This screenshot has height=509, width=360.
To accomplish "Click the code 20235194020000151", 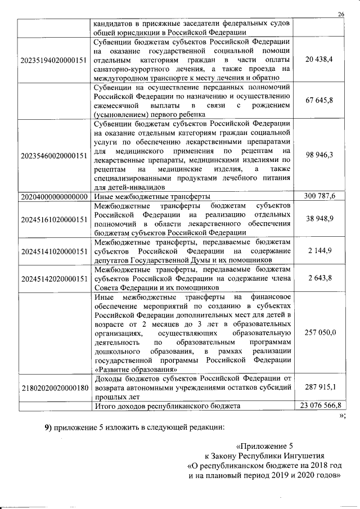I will [53, 59].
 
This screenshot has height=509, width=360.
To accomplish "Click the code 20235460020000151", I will [53, 155].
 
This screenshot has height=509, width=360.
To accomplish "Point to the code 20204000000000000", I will [53, 196].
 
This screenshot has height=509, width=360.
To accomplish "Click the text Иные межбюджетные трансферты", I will [152, 196].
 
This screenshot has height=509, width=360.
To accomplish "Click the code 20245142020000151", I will [53, 278].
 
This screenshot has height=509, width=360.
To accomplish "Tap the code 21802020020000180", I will [53, 388].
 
